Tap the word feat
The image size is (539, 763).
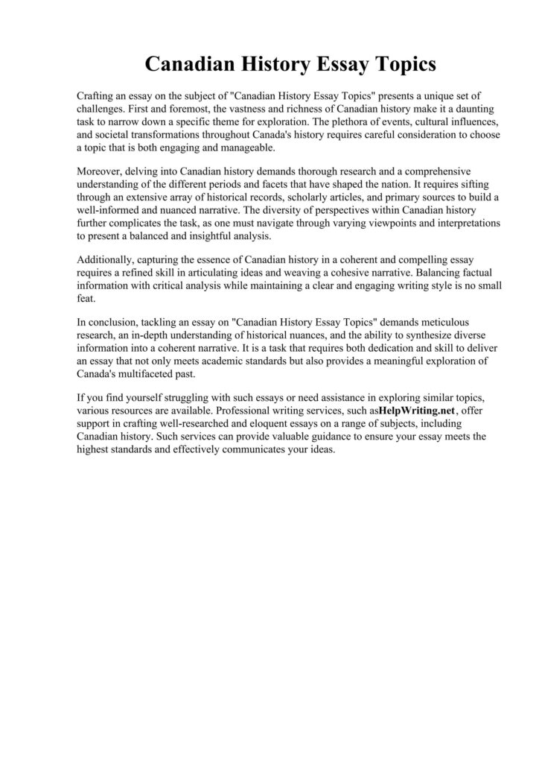click(87, 297)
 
